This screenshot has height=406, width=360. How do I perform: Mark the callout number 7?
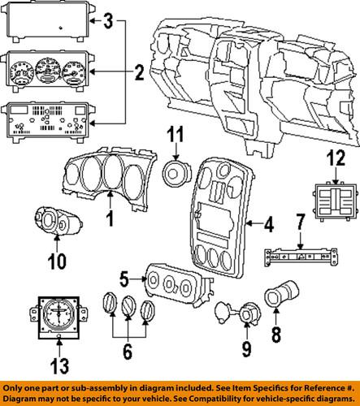pos(299,242)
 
